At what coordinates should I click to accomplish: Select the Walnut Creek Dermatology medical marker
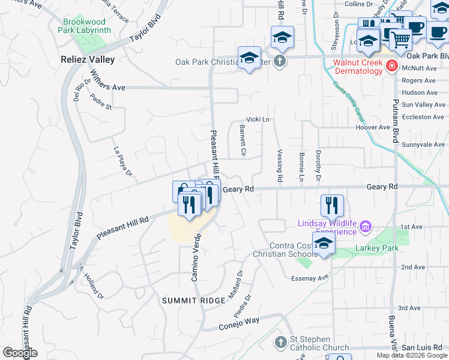391,65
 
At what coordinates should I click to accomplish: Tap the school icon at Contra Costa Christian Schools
324,244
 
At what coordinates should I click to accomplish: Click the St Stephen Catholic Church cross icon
280,343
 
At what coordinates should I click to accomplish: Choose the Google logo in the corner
20,352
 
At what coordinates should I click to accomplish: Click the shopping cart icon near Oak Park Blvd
400,40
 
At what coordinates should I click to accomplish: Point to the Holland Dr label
94,287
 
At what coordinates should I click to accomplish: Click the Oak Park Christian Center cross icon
280,61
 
